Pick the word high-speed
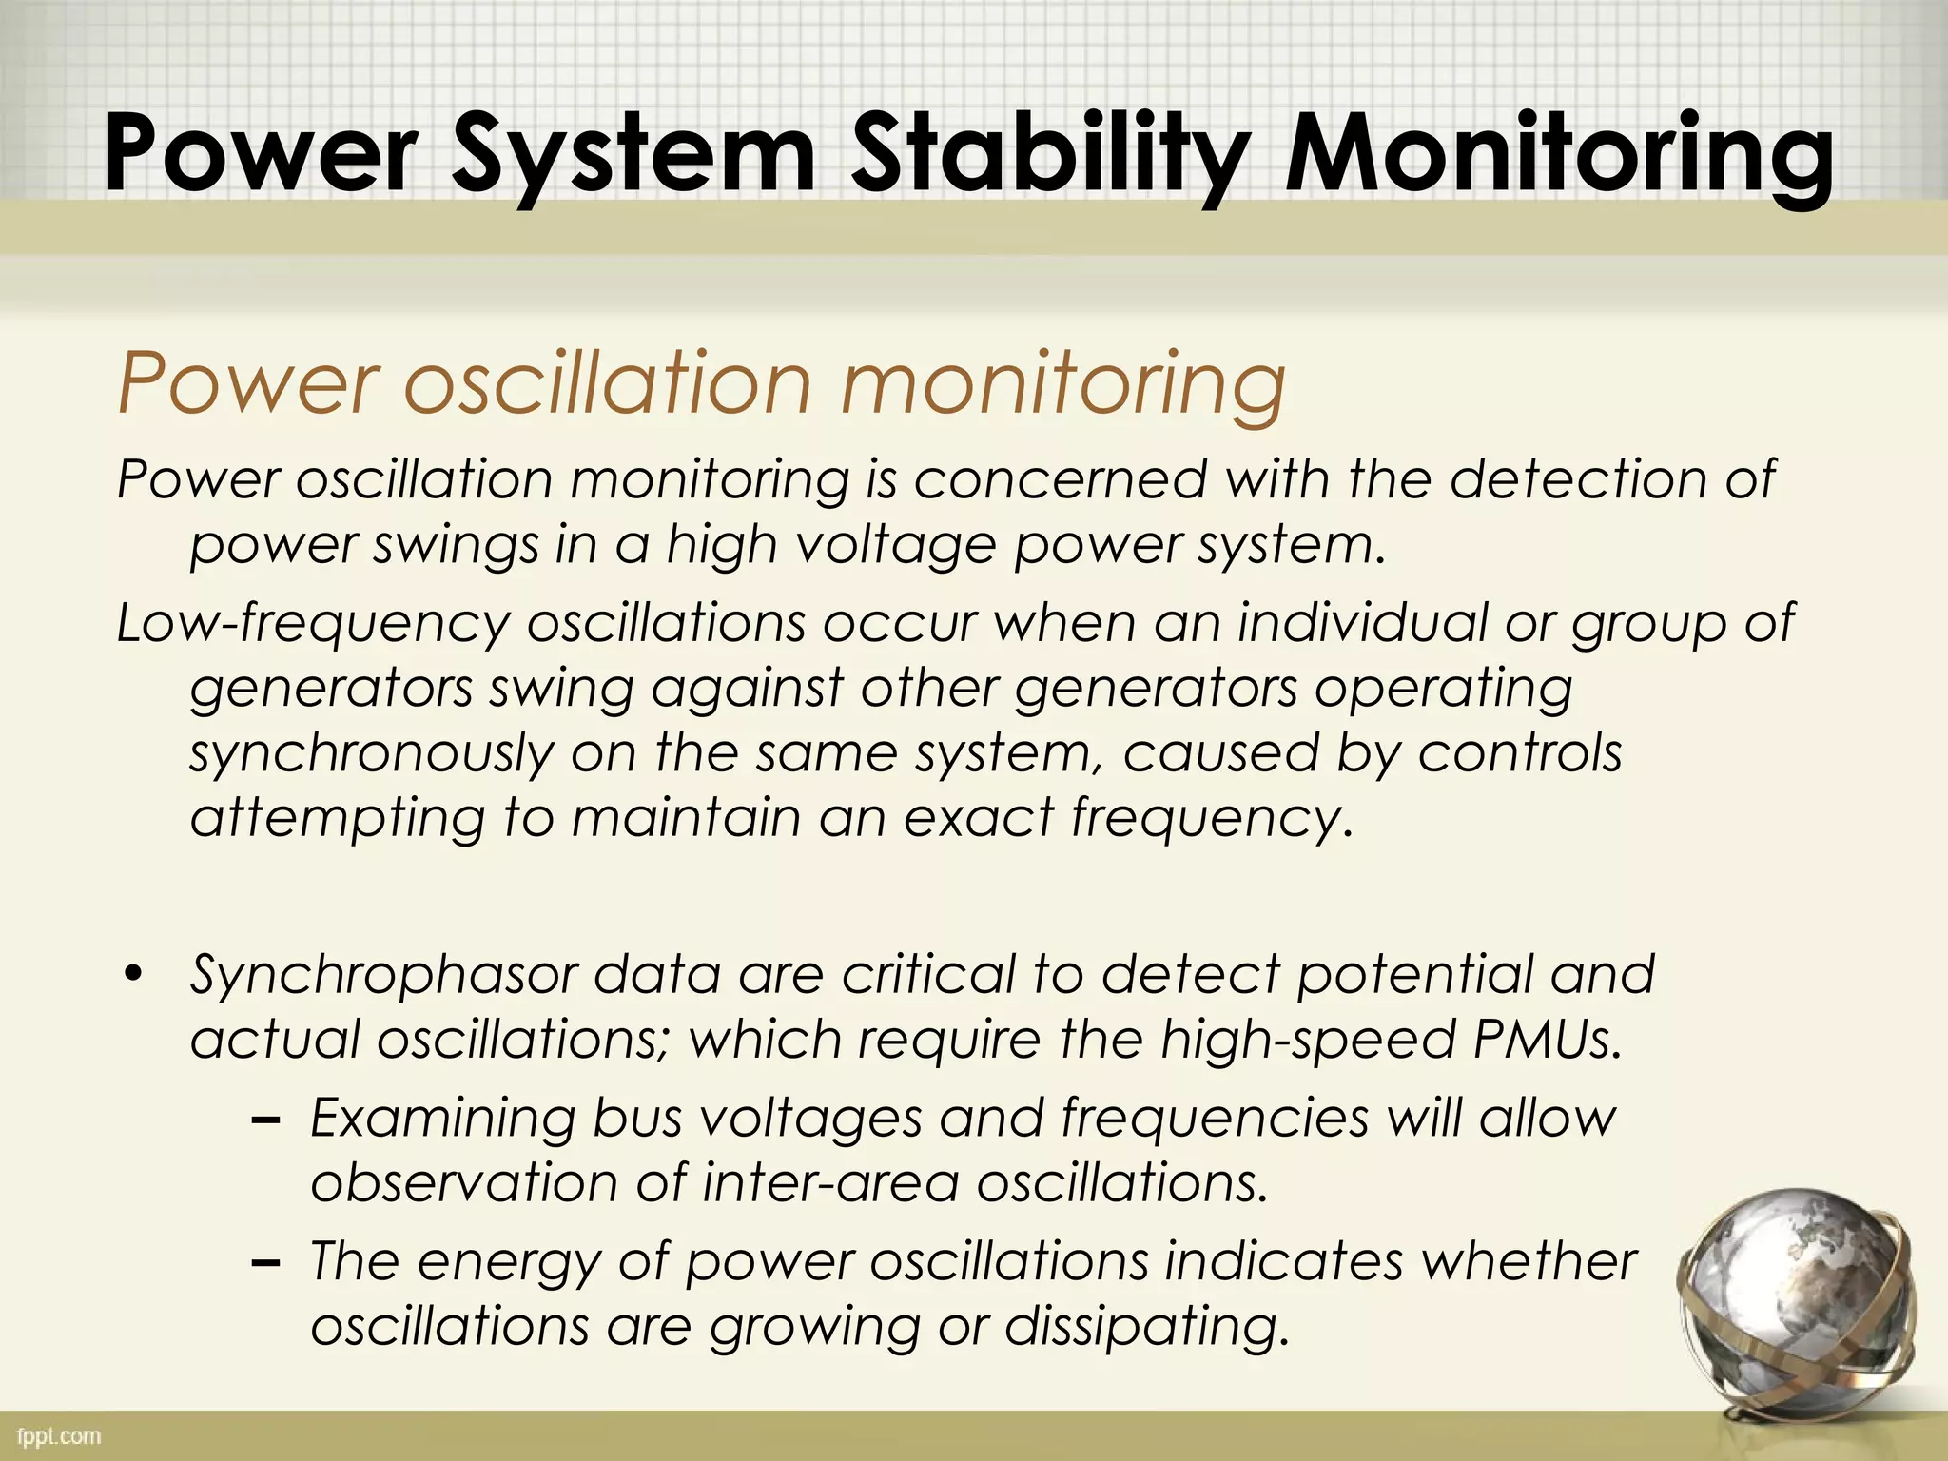tap(1308, 1041)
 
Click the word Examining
tap(442, 1119)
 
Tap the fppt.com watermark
tap(58, 1436)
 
